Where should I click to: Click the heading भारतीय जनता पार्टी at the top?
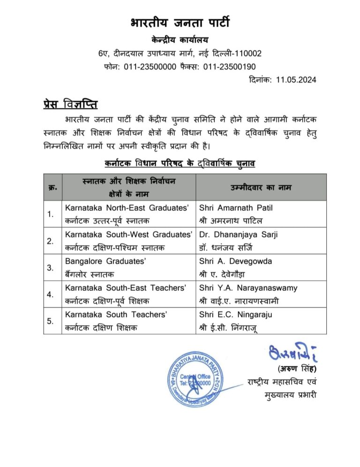click(180, 22)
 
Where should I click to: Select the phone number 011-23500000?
click(148, 67)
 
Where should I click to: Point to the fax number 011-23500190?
click(229, 67)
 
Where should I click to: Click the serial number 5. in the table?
click(51, 321)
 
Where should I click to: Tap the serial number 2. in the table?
click(51, 241)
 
